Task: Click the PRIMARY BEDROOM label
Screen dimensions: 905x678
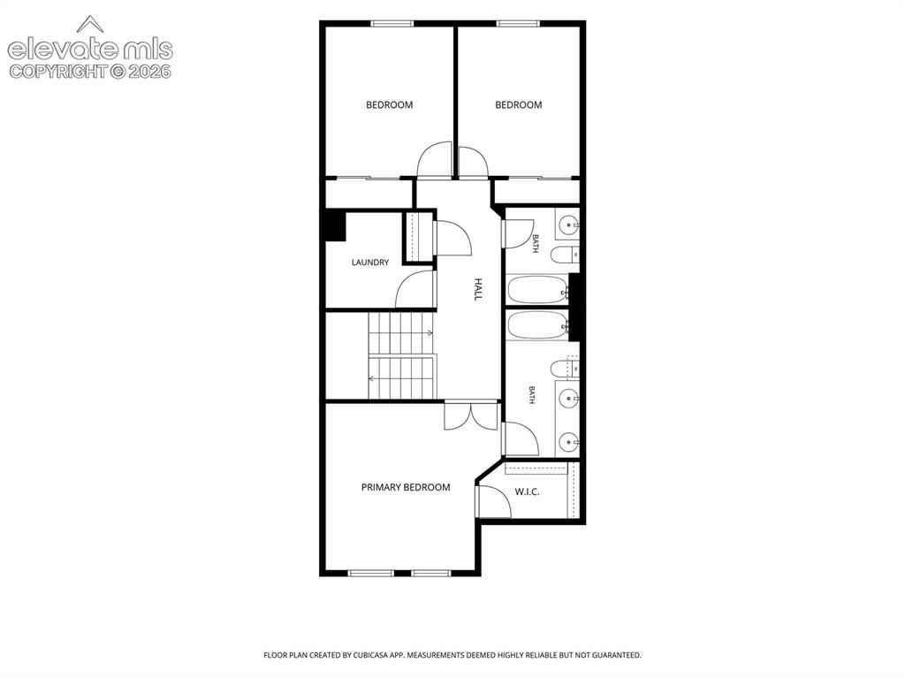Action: tap(406, 487)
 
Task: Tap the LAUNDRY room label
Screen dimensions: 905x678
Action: tap(370, 263)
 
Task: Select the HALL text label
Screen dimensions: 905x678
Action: tap(478, 289)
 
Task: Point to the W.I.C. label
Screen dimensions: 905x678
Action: tap(527, 492)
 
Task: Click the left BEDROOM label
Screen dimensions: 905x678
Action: tap(390, 104)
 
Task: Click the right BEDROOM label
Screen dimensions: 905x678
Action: tap(518, 104)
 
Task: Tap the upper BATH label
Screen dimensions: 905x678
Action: tap(536, 243)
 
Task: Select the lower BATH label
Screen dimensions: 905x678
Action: tap(531, 395)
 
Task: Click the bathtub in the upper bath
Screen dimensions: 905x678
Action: tap(538, 290)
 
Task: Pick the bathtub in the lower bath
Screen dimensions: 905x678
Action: tap(538, 325)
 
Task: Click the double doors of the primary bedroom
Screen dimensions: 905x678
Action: tap(471, 415)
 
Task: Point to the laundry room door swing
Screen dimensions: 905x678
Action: tap(414, 289)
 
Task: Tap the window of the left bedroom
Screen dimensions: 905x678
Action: tap(392, 24)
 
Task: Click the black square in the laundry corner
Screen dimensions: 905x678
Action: tap(335, 226)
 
